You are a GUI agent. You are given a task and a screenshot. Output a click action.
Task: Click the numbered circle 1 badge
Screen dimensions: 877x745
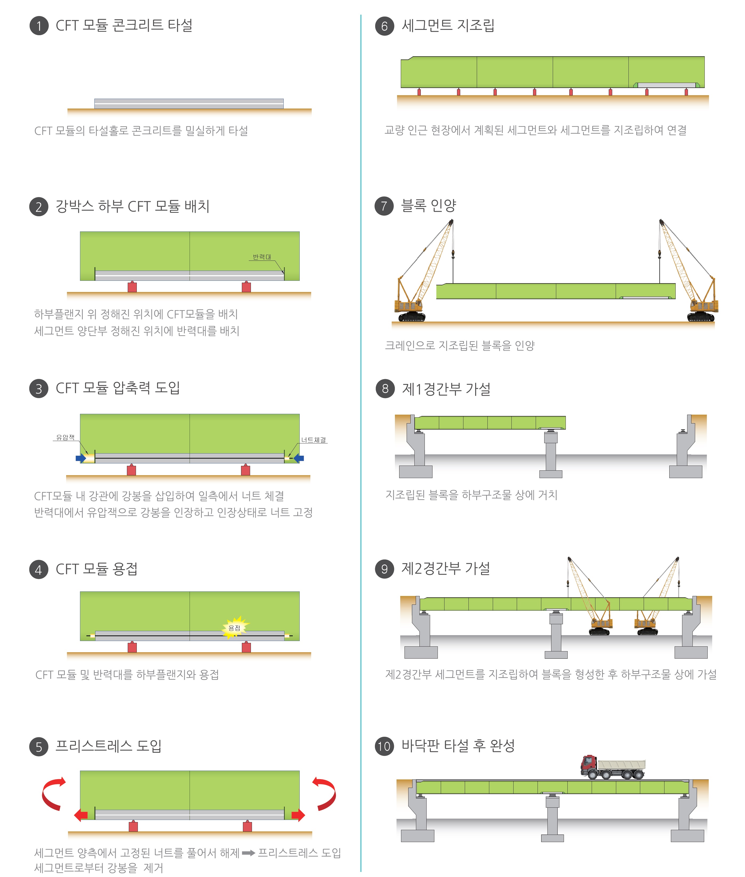[39, 26]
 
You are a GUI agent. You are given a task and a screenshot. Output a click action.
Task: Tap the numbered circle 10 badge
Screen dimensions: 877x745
[384, 746]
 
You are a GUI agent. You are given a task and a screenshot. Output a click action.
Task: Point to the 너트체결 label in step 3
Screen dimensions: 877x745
[313, 439]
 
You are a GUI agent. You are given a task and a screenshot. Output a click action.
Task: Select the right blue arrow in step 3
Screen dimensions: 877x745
[299, 458]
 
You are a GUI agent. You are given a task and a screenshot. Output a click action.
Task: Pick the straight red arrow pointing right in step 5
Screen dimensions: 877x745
[298, 815]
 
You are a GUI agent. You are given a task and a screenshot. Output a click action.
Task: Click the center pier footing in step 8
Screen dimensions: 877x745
[551, 474]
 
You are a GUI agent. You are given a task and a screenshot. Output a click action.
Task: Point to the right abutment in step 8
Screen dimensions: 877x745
[686, 448]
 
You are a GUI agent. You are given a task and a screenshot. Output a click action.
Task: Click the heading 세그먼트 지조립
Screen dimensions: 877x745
[448, 25]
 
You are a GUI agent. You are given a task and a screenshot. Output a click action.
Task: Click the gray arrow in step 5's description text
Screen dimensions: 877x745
[248, 853]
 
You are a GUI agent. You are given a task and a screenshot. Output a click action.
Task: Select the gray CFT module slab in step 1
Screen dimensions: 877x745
[189, 103]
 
